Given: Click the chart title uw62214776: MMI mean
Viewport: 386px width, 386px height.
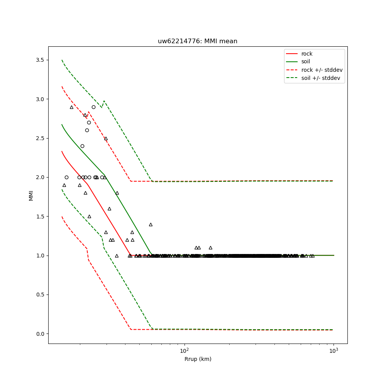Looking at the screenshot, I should tap(197, 41).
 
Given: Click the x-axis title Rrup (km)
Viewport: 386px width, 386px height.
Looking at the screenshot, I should tap(198, 359).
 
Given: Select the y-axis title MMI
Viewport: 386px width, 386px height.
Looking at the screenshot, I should tap(31, 195).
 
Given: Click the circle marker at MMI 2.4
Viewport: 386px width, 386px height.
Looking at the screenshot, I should tap(82, 146).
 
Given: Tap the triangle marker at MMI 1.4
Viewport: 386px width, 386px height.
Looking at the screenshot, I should tap(151, 224).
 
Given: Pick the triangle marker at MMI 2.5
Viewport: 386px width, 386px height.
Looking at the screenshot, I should tap(106, 138).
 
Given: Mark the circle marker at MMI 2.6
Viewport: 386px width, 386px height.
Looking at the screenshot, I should tap(87, 130).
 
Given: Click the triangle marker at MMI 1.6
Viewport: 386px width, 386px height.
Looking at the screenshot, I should tap(109, 208).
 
